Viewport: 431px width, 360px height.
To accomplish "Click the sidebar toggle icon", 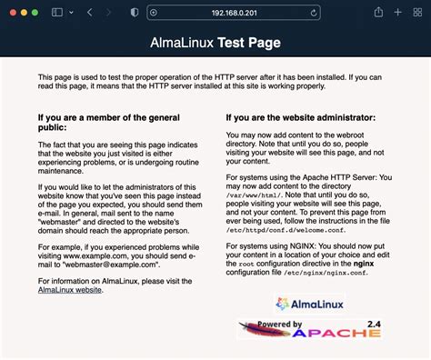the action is click(59, 13).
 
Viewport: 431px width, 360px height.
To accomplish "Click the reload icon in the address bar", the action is click(314, 13).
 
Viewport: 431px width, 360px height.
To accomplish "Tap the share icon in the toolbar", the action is click(375, 13).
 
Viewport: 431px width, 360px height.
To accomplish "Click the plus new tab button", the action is click(397, 13).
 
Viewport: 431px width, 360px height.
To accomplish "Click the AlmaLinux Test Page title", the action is click(215, 43).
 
